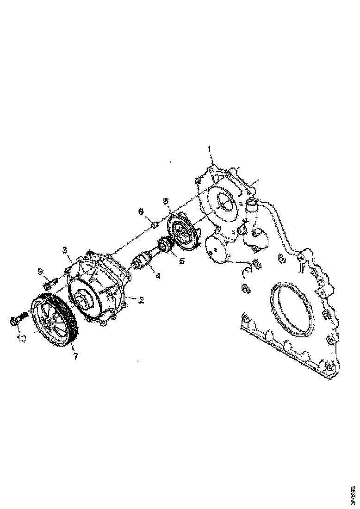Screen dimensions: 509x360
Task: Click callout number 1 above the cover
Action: click(x=209, y=149)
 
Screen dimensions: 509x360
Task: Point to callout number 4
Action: click(x=158, y=276)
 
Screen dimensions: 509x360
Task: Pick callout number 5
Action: click(x=182, y=261)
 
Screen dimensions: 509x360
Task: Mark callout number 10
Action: click(x=21, y=338)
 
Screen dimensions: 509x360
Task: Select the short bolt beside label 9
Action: click(x=51, y=281)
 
